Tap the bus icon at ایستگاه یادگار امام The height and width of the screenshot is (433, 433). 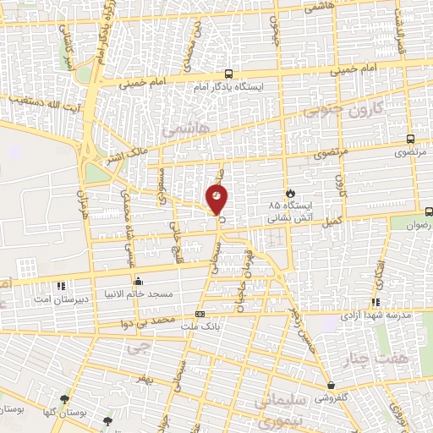click(x=227, y=74)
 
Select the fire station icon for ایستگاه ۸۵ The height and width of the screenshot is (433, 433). click(x=291, y=193)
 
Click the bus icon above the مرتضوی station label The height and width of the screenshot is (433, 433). click(x=410, y=140)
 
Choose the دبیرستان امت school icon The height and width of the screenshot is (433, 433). click(x=60, y=285)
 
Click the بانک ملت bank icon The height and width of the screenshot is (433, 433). click(x=200, y=314)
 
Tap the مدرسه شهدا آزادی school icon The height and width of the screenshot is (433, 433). click(x=375, y=302)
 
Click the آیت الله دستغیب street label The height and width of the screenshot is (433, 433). click(x=42, y=108)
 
